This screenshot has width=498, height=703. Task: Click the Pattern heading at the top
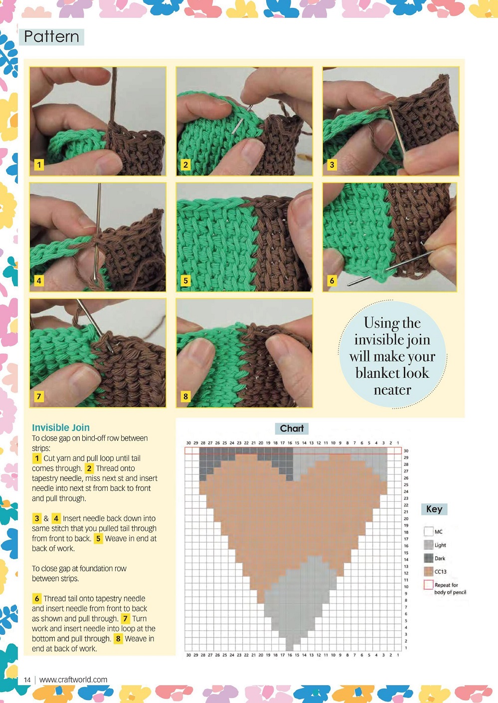pyautogui.click(x=51, y=37)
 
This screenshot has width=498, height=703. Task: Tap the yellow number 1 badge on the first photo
pyautogui.click(x=39, y=164)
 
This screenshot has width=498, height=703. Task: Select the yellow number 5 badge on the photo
pyautogui.click(x=185, y=280)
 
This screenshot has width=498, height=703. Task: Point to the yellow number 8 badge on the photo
pyautogui.click(x=185, y=396)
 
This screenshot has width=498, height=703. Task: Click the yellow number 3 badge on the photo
pyautogui.click(x=332, y=164)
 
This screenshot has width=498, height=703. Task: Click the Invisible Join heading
pyautogui.click(x=61, y=428)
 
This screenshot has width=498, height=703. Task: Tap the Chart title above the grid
pyautogui.click(x=292, y=428)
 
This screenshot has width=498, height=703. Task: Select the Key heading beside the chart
pyautogui.click(x=434, y=509)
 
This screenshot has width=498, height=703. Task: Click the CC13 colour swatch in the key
pyautogui.click(x=429, y=572)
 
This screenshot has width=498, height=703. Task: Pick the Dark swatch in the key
pyautogui.click(x=429, y=558)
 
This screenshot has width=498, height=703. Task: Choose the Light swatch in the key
pyautogui.click(x=429, y=545)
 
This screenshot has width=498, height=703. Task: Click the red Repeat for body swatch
pyautogui.click(x=429, y=585)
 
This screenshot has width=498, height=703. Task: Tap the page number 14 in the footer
pyautogui.click(x=27, y=680)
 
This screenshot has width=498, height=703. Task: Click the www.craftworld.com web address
pyautogui.click(x=73, y=680)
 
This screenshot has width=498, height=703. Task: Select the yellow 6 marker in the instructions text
pyautogui.click(x=37, y=598)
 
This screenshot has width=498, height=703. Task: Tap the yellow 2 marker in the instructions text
pyautogui.click(x=89, y=468)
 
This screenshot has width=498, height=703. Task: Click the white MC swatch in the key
pyautogui.click(x=429, y=531)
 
